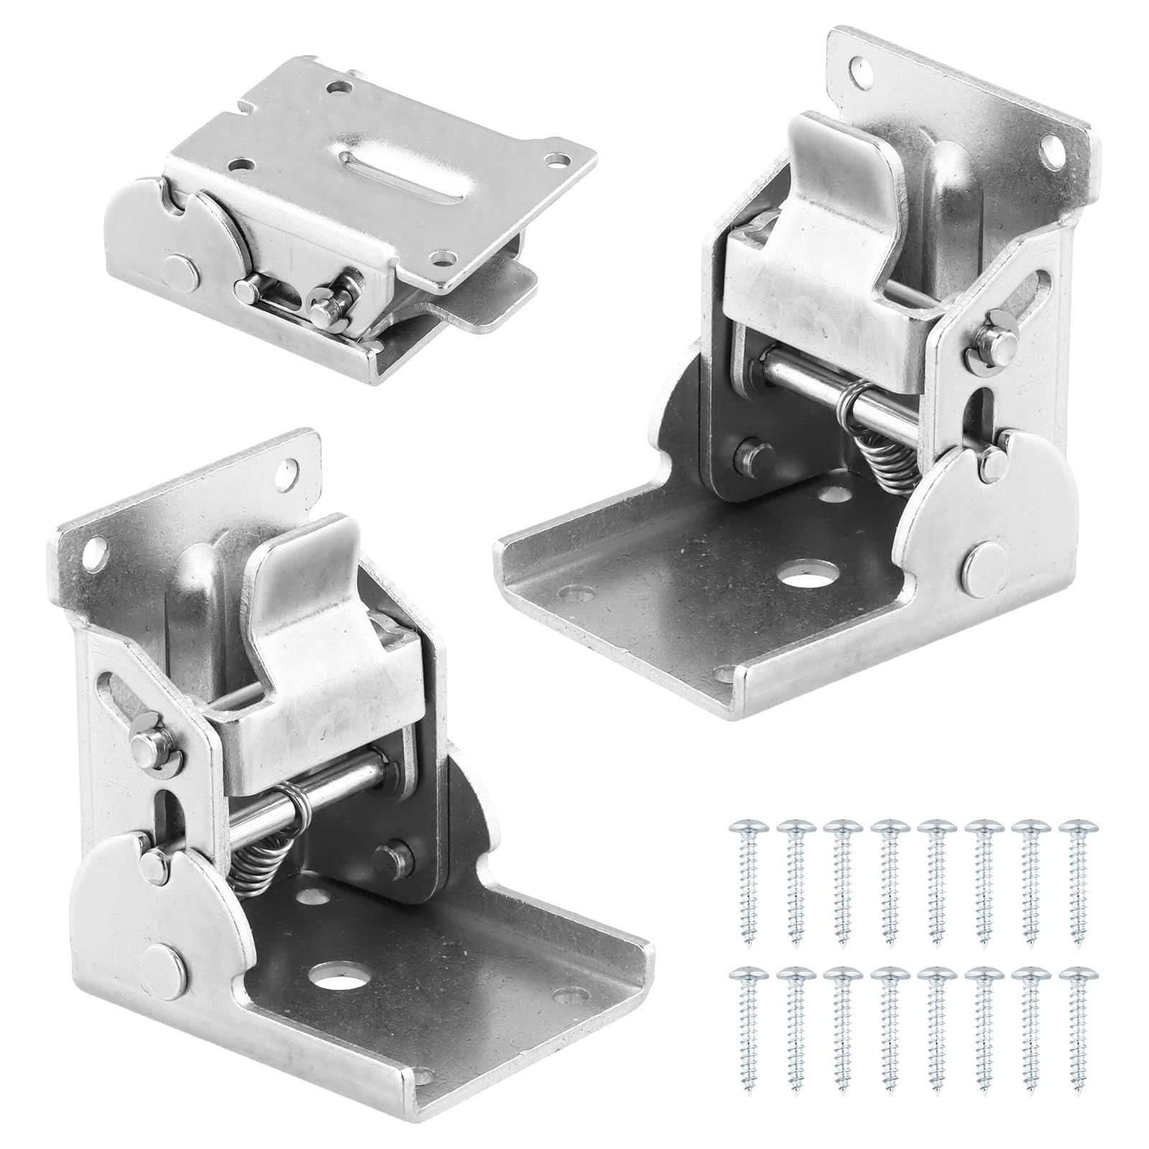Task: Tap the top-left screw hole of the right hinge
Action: [x=862, y=70]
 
